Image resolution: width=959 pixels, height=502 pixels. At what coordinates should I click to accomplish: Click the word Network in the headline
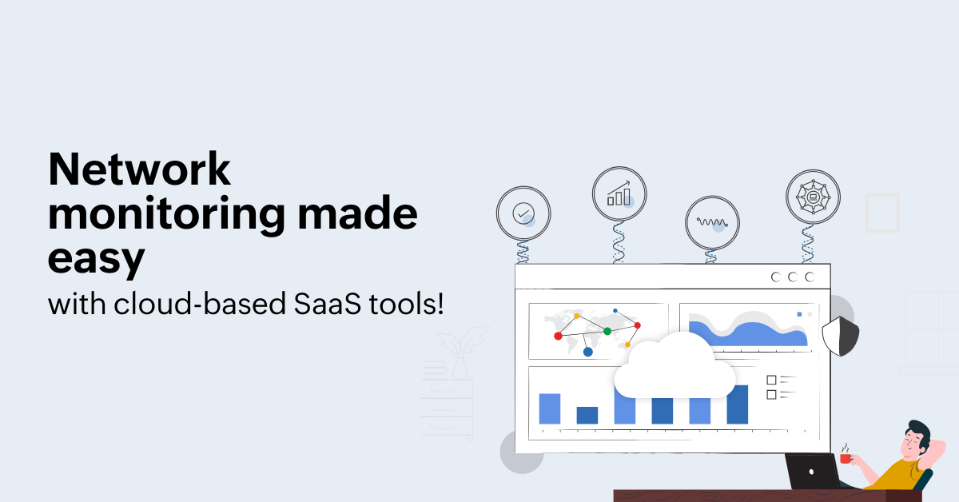[x=140, y=169]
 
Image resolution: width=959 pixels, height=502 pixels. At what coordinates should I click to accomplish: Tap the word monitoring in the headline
[x=166, y=215]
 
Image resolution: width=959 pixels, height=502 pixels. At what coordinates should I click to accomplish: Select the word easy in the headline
[x=97, y=259]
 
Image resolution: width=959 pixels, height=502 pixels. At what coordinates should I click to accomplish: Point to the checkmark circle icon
[x=523, y=213]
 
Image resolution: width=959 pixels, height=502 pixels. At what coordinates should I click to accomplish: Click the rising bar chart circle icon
[x=619, y=194]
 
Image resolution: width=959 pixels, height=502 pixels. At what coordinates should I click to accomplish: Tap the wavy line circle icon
[x=712, y=223]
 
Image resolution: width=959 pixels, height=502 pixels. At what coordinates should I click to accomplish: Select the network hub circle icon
[x=813, y=197]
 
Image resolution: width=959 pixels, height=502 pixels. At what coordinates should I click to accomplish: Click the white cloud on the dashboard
[x=674, y=366]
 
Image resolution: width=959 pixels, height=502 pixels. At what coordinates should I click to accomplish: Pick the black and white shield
[x=841, y=337]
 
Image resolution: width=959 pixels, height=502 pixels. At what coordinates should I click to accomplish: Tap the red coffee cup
[x=846, y=458]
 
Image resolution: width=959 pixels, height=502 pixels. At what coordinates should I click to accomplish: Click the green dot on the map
[x=607, y=331]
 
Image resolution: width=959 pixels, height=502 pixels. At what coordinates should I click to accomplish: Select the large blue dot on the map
[x=588, y=352]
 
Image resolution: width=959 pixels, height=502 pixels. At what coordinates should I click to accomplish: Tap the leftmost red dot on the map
[x=558, y=337]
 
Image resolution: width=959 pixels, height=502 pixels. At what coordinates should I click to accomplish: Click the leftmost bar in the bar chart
[x=550, y=408]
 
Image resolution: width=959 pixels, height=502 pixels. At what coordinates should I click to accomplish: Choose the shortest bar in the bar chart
[x=587, y=416]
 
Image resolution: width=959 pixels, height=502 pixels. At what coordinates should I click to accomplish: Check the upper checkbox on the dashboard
[x=771, y=380]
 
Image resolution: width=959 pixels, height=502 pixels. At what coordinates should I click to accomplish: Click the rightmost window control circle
[x=810, y=277]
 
